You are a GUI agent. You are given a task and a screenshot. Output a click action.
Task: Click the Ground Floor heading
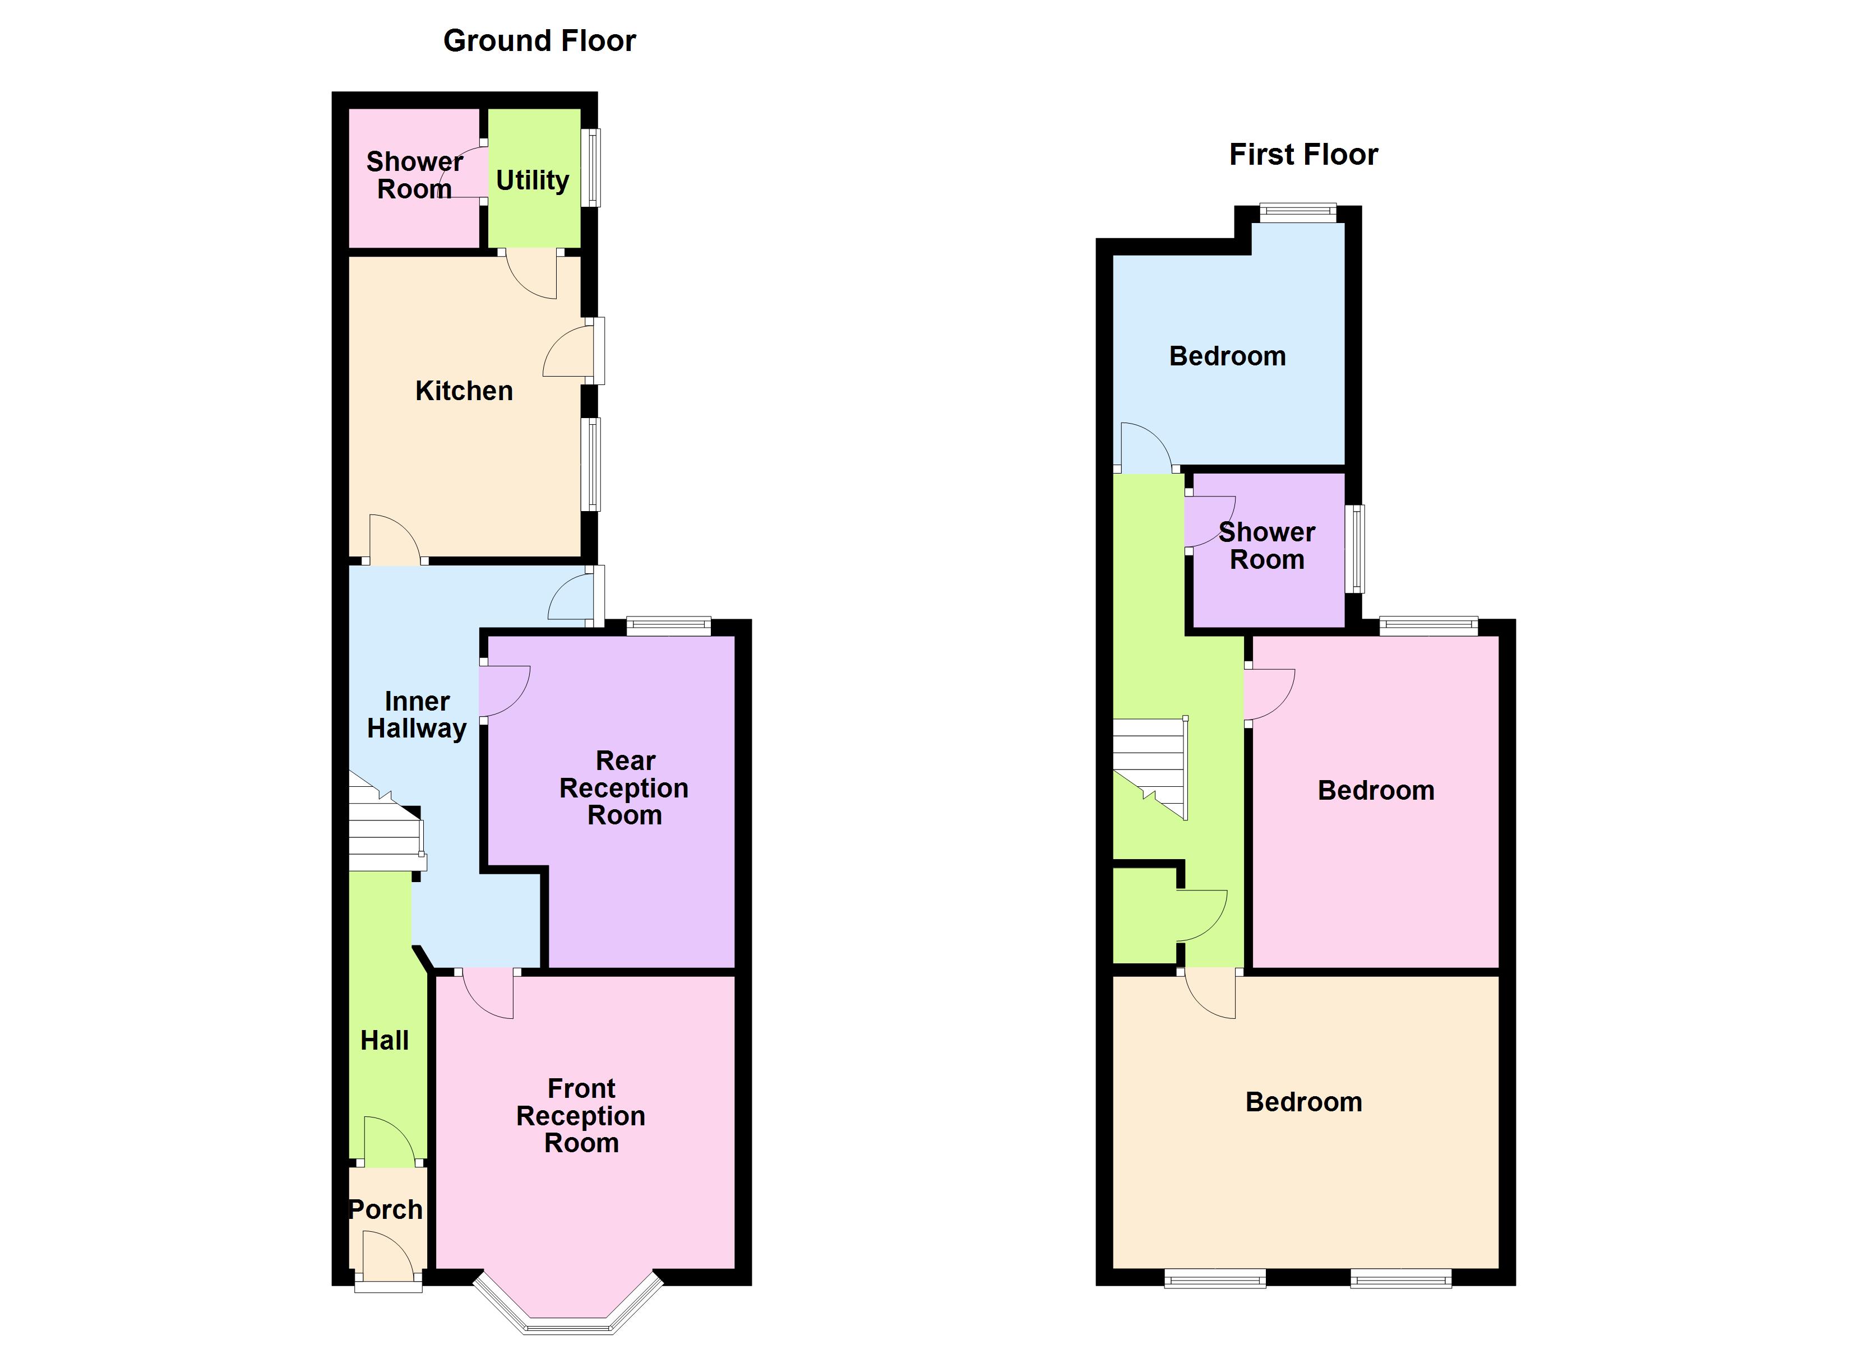539,41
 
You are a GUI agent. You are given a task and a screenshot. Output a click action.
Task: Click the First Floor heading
1303,154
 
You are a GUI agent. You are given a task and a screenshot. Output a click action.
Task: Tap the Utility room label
533,180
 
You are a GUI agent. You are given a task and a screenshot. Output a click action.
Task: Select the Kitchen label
464,391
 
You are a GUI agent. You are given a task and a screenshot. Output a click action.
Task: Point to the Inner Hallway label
417,715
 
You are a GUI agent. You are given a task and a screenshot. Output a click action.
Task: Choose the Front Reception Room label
581,1115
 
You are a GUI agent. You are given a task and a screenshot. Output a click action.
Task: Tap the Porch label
386,1209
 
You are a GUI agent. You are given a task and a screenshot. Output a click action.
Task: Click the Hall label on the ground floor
384,1041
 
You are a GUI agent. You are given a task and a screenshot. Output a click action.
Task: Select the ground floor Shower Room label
414,175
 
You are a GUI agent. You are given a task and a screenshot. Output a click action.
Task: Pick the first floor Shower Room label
1267,546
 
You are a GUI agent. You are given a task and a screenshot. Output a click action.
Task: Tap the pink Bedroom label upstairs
1376,790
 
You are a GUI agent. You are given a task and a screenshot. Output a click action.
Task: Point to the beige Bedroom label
1303,1102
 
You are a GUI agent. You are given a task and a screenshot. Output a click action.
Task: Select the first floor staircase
1150,767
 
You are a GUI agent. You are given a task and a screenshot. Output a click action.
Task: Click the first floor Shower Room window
1355,548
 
